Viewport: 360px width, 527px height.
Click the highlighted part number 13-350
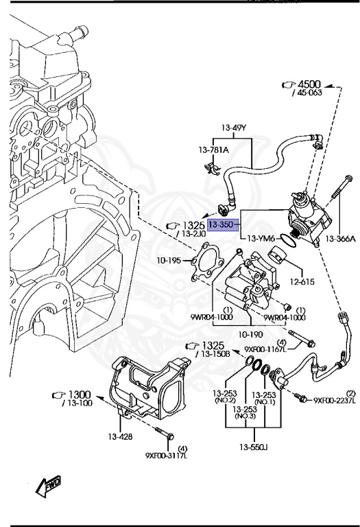tap(222, 224)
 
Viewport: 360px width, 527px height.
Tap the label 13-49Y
tap(234, 128)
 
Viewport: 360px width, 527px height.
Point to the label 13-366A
tap(341, 239)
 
